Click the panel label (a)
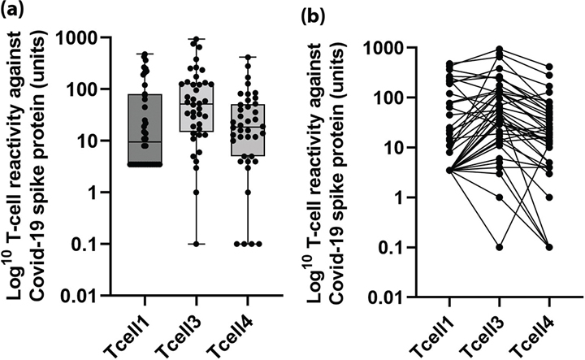[x=14, y=11]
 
